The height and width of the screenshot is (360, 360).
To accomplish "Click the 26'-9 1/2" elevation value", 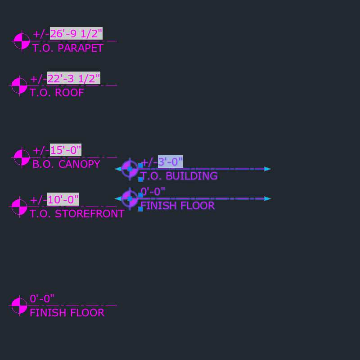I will point(76,34).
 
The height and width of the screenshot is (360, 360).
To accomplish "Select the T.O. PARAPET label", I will point(67,48).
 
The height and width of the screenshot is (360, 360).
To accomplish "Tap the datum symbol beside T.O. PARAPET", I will point(22,41).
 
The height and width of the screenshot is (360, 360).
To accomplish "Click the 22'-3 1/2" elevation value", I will point(73,79).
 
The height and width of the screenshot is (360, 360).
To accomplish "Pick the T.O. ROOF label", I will point(57,93).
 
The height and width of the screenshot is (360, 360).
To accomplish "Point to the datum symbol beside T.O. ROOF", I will point(19,85).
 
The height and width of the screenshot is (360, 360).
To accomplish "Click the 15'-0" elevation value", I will point(65,150).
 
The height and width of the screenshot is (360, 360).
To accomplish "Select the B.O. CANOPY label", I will point(66,164).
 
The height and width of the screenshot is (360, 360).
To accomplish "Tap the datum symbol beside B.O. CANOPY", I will point(22,157).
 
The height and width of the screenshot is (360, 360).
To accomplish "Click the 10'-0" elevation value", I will point(63,199).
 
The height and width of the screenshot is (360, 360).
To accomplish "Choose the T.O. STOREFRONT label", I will point(77,214).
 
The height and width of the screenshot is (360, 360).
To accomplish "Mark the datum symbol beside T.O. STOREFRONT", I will point(19,207).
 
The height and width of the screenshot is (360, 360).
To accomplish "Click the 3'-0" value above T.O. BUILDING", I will point(170,162).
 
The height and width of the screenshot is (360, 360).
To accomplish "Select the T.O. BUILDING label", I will point(179,176).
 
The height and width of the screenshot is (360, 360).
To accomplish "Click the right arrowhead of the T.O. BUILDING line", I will point(268,169).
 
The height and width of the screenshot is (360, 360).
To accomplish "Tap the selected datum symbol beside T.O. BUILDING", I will point(130,169).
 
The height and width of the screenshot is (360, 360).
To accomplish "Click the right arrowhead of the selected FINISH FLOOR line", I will point(268,198).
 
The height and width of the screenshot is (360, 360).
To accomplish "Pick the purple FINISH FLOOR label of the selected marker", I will point(177,206).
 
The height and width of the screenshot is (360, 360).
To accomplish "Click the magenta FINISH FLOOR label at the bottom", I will point(67,313).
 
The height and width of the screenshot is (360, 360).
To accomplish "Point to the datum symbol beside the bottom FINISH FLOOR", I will point(19,306).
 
